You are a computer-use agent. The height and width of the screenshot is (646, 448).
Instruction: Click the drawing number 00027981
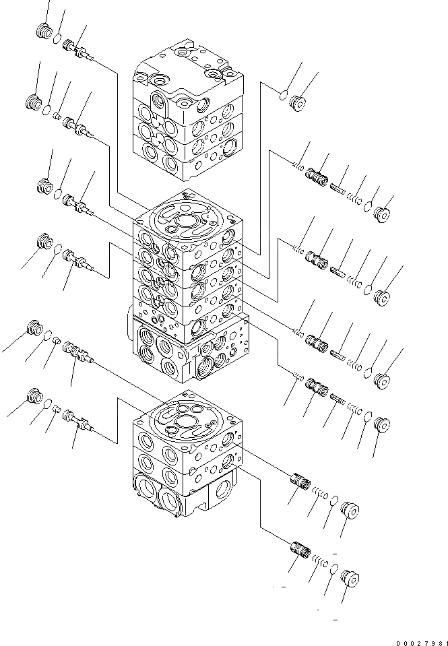420,641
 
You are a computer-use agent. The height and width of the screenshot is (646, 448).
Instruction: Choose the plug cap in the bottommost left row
34,395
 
